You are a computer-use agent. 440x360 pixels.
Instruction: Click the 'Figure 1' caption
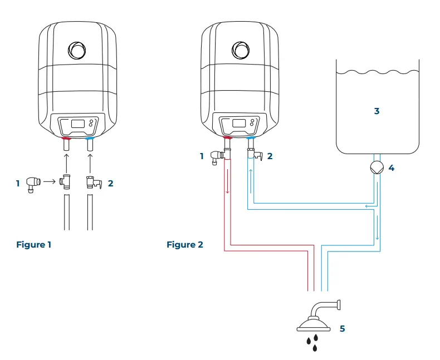coord(34,245)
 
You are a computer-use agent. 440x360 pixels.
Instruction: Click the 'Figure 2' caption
coord(184,245)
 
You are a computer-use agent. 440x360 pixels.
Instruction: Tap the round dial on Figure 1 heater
coord(77,50)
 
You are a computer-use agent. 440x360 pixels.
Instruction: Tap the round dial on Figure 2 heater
coord(241,50)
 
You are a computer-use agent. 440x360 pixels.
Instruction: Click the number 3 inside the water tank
coord(377,111)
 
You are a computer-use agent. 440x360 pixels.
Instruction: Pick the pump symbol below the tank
coord(377,167)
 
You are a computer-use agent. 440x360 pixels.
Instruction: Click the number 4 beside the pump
coord(392,167)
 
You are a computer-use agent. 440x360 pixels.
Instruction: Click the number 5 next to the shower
coord(342,329)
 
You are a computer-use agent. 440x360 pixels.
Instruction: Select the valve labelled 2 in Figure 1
coord(92,183)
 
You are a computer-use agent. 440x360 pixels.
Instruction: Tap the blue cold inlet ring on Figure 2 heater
coord(252,137)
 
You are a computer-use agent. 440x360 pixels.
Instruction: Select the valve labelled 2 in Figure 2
coord(256,156)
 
